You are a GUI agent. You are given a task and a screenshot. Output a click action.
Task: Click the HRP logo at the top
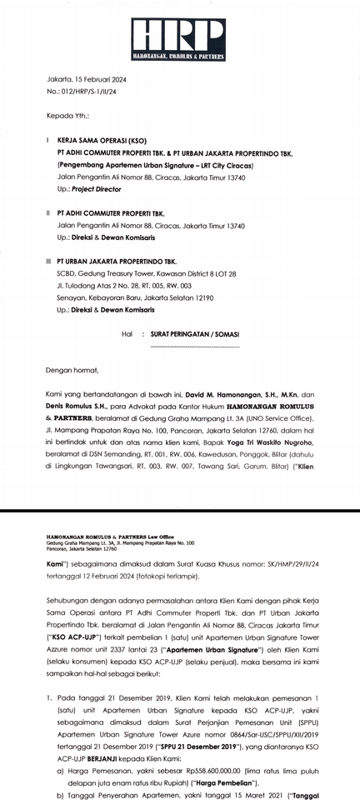tap(179, 38)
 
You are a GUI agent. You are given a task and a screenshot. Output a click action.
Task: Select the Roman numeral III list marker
tap(47, 261)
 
